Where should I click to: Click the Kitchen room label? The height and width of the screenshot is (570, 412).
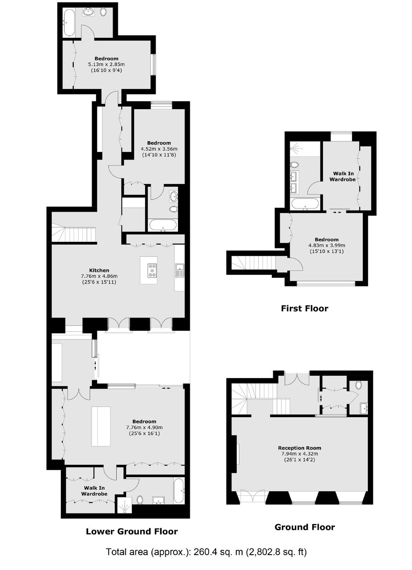99,270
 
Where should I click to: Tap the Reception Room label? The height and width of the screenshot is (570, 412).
299,448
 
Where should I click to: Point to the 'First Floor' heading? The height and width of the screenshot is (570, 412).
305,308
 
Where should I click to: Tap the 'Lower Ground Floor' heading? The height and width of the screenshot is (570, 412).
131,531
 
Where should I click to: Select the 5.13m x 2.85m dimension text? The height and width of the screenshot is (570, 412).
107,64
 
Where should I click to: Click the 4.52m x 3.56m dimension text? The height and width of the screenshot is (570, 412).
159,149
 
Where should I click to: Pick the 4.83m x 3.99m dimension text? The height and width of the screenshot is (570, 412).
327,245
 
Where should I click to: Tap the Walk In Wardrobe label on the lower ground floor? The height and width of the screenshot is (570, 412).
94,491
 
